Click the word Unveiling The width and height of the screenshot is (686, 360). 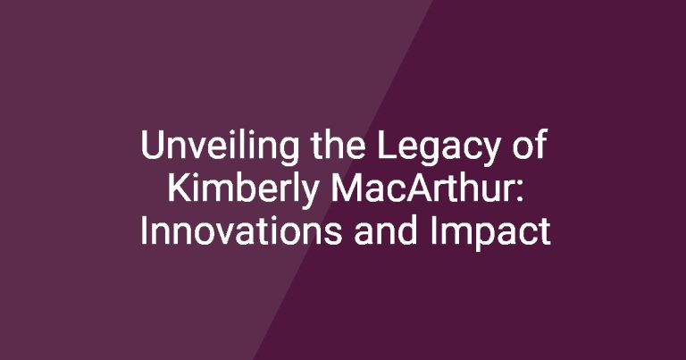click(x=220, y=147)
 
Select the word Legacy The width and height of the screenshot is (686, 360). click(x=439, y=148)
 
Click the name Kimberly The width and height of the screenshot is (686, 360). click(x=243, y=190)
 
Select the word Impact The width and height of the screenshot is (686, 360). click(x=490, y=233)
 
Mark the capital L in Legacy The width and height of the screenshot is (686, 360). click(x=386, y=145)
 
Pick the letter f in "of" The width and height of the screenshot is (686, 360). click(x=540, y=145)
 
